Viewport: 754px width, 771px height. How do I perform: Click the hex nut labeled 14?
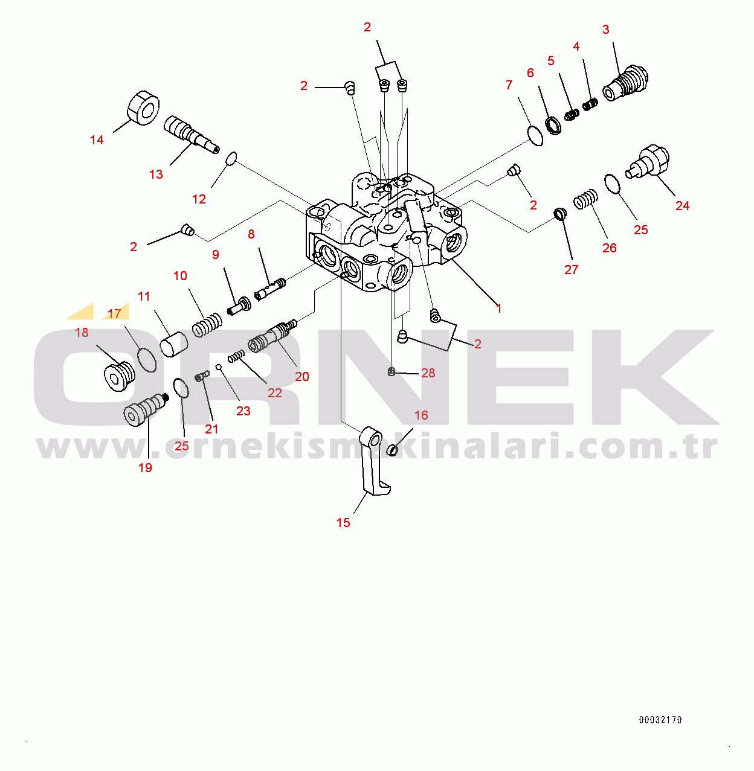[144, 107]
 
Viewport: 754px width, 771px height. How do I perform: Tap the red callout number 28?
[428, 373]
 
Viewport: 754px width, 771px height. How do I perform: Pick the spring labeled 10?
[206, 324]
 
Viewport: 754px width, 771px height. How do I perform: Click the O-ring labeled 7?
[535, 136]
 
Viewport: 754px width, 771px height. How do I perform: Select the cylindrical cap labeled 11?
[173, 344]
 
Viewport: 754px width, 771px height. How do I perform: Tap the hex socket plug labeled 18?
[120, 376]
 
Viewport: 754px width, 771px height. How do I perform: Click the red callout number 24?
[682, 206]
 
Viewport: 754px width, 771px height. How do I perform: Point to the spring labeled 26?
[585, 199]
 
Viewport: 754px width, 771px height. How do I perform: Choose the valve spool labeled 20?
[272, 335]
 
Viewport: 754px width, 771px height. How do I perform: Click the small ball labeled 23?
[218, 366]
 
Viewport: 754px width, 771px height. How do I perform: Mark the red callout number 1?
[499, 308]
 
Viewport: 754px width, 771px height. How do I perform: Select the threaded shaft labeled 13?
[192, 134]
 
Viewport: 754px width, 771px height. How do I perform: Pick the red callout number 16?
[421, 415]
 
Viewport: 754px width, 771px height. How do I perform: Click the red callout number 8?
[251, 234]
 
